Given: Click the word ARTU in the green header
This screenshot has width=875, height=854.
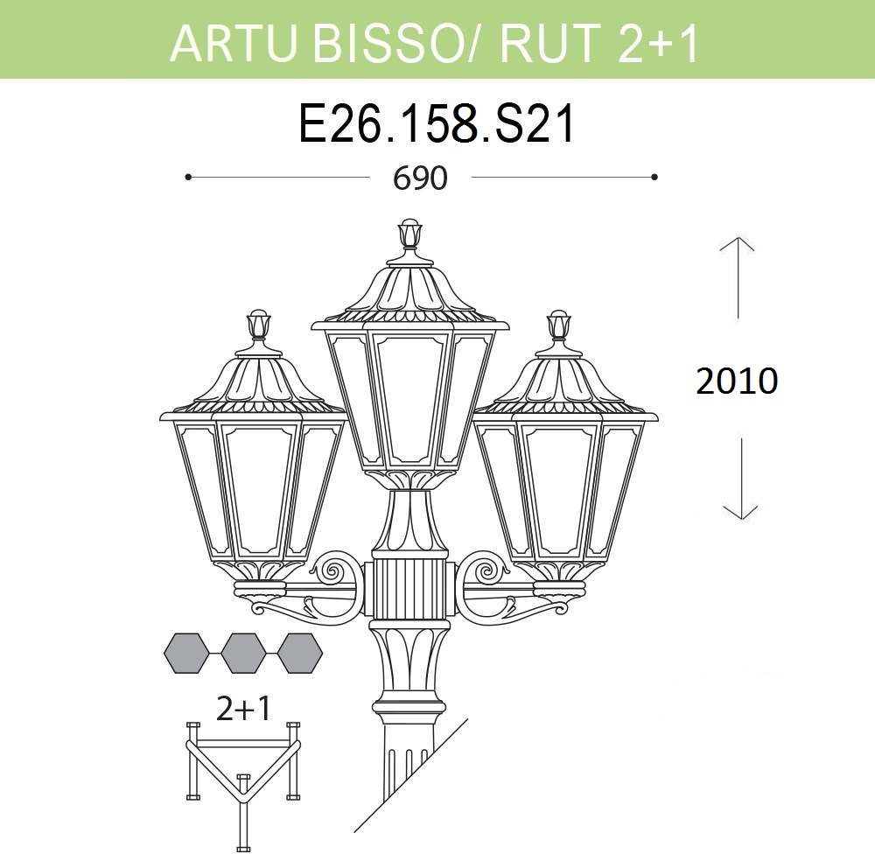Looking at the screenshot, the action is point(233,42).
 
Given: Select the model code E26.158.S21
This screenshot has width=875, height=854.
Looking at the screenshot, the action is point(437,125).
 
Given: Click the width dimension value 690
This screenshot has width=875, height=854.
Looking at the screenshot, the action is point(420,178).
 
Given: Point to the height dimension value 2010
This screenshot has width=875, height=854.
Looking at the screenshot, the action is point(737,381).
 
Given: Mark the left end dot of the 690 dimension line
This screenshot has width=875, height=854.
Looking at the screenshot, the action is point(189,177).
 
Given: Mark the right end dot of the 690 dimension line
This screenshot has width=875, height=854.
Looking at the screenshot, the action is point(654,177).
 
